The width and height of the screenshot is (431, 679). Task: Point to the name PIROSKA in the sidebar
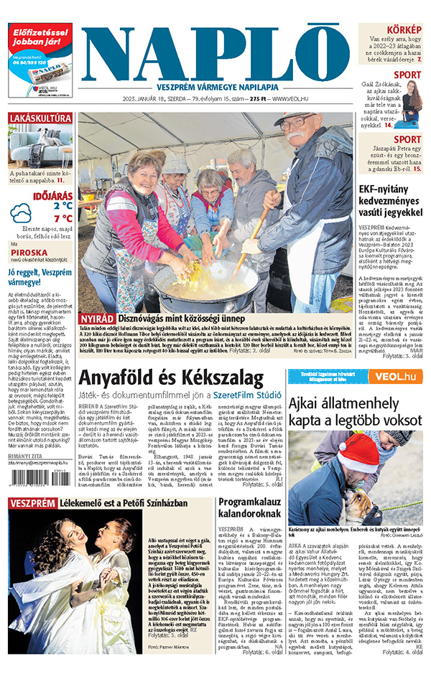(x=25, y=253)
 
